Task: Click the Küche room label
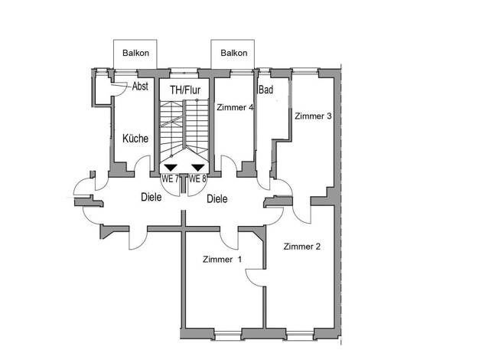(x=135, y=138)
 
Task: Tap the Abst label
(x=140, y=87)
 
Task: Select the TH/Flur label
(x=185, y=90)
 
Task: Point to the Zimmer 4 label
(x=235, y=107)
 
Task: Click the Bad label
(x=266, y=90)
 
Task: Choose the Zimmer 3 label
(x=313, y=116)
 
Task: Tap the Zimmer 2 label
(x=301, y=247)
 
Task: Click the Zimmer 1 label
(x=222, y=260)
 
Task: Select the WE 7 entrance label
(x=170, y=178)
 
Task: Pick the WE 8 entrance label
(x=197, y=178)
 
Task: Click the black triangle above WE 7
(x=171, y=168)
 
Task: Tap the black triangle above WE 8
(x=198, y=168)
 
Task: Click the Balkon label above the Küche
(x=135, y=53)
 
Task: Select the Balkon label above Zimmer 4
(x=233, y=53)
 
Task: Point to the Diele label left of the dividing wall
(x=152, y=197)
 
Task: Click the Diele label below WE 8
(x=217, y=199)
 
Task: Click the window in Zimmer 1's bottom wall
(x=228, y=335)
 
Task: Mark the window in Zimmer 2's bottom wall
(x=300, y=335)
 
